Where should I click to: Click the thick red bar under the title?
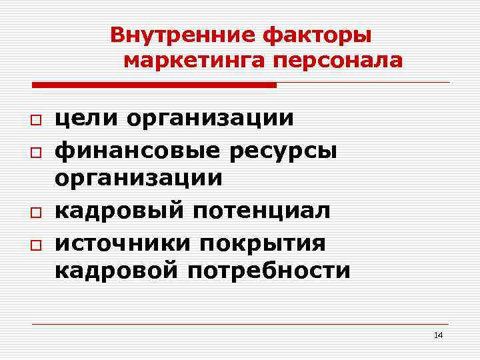[154, 85]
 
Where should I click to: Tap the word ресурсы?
[283, 151]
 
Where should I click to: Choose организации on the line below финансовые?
[139, 178]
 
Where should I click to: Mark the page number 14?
[438, 335]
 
